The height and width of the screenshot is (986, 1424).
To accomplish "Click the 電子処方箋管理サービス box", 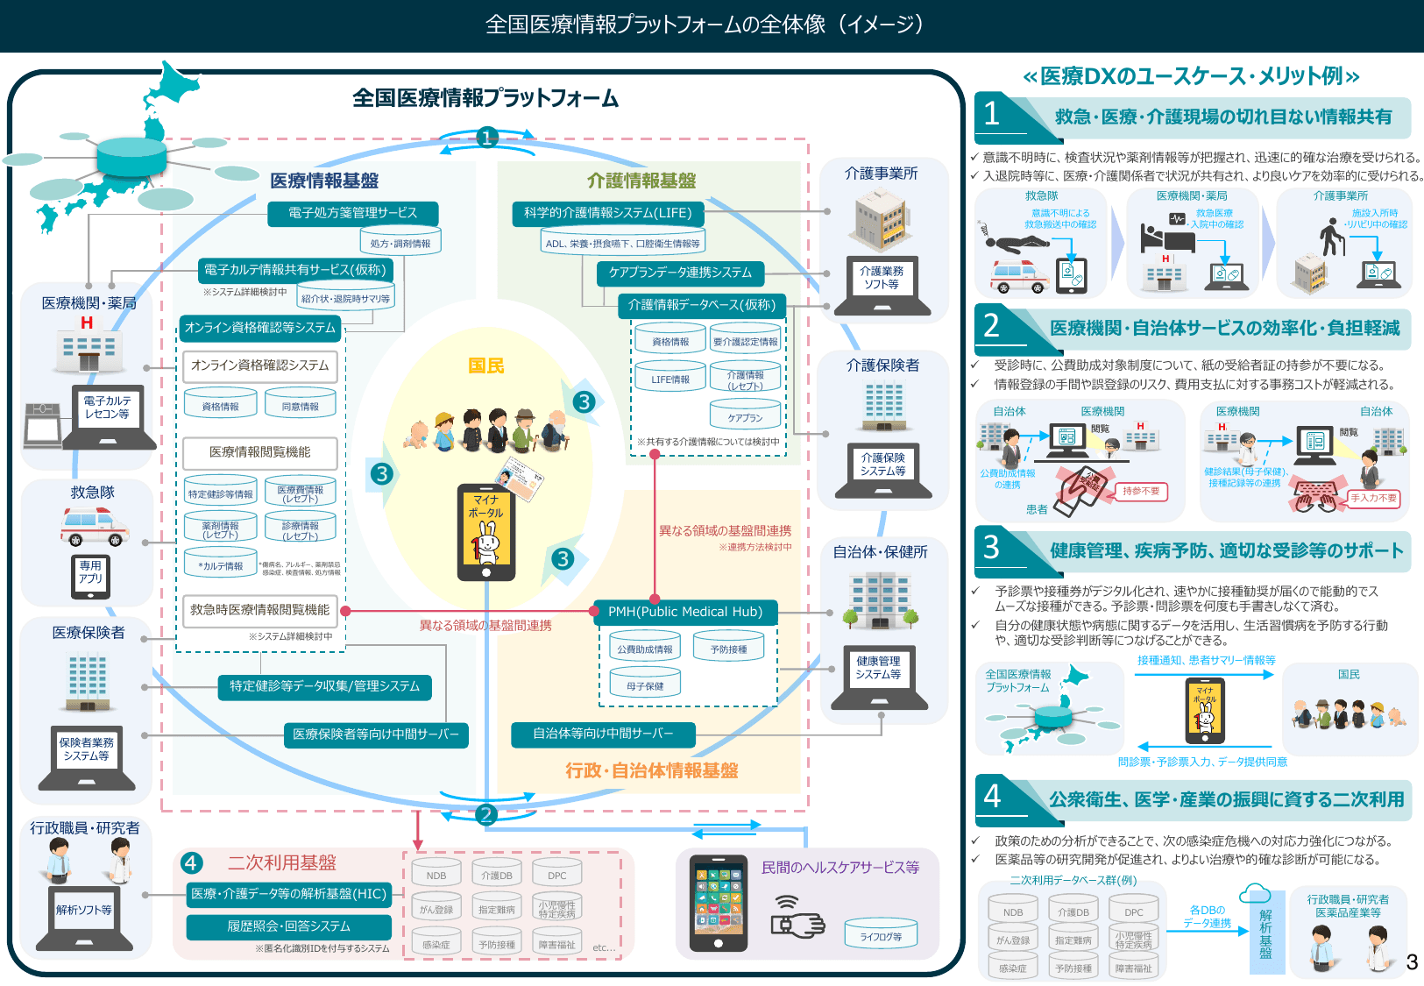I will pos(352,213).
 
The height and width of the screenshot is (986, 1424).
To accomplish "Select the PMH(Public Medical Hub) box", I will pos(684,612).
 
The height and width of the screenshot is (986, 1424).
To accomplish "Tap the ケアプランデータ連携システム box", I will pos(680,273).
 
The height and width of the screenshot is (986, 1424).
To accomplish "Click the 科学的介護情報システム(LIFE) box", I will pos(607,213).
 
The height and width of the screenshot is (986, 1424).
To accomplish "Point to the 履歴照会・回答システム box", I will pos(289,926).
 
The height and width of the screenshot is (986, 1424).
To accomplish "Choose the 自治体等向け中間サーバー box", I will pos(603,734).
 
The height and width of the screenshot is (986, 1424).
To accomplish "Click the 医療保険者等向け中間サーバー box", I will pos(376,734).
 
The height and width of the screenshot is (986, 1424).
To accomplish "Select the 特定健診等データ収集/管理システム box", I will pos(324,686).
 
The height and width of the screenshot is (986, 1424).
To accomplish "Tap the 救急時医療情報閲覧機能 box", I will pos(260,610).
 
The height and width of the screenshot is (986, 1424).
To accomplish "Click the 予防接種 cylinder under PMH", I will pos(728,649).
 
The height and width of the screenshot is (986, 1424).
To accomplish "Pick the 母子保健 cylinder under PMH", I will pos(645,685).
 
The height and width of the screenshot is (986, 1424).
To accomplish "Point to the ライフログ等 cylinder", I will pos(881,936).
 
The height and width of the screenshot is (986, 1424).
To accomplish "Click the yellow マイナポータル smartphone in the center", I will pos(486,532).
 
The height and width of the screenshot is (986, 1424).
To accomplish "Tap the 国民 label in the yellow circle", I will pos(486,365).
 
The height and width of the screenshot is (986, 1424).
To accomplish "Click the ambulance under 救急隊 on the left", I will pos(94,527).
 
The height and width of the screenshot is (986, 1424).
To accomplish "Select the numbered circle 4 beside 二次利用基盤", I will pos(191,863).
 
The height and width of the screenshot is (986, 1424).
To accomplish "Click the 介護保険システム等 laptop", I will pos(882,469).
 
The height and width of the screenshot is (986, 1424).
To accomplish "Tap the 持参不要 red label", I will pos(1141,492).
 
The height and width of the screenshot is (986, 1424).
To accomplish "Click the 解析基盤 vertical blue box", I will pos(1265,933).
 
